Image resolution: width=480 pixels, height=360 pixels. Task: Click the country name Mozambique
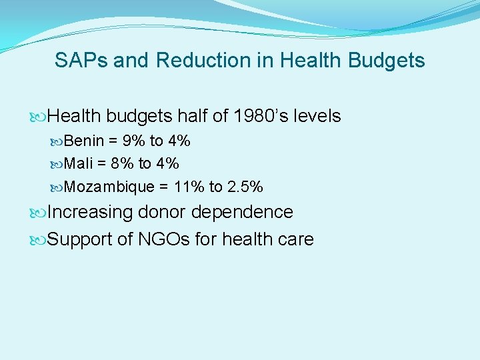tap(110, 187)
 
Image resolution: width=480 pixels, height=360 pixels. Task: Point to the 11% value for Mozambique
tap(189, 187)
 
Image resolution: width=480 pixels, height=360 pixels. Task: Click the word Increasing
tap(90, 213)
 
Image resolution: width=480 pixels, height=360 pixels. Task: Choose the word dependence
tap(243, 212)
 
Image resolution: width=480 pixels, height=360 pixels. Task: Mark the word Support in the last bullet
tap(81, 240)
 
